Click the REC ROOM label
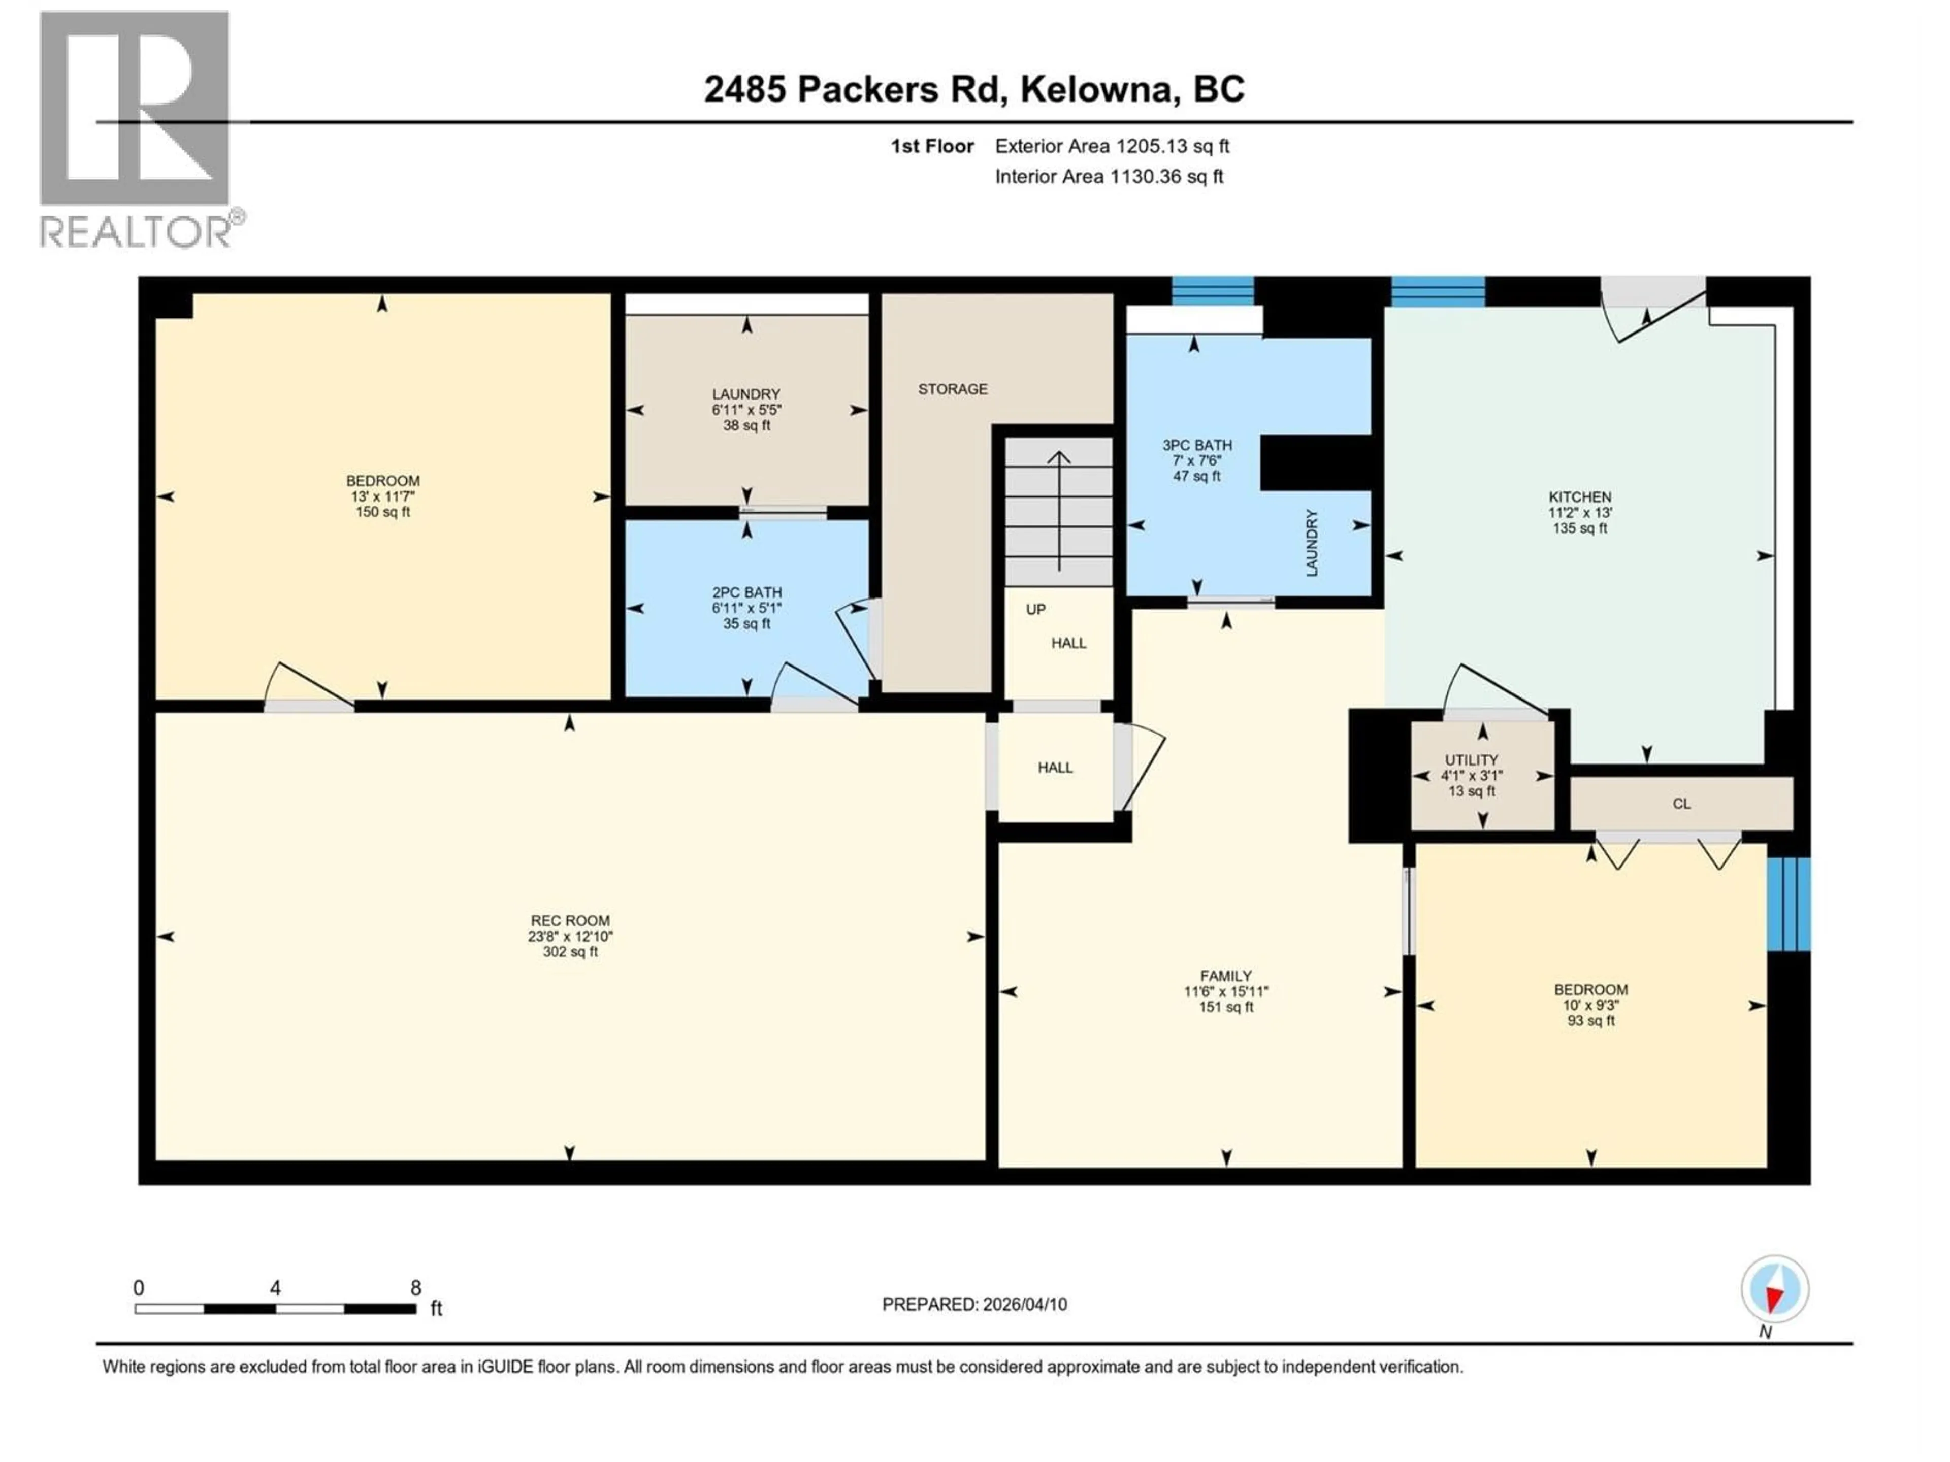tap(569, 920)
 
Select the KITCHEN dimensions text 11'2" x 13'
tap(1580, 512)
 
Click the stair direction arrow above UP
tap(1059, 511)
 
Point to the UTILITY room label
tap(1471, 759)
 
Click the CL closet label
tap(1681, 804)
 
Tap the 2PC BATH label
tap(746, 593)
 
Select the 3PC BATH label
tap(1196, 445)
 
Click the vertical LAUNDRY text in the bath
tap(1312, 543)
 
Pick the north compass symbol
tap(1775, 1290)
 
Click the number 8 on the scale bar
tap(415, 1287)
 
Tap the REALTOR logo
tap(137, 128)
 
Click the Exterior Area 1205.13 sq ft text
tap(1112, 146)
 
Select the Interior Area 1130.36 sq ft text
tap(1108, 176)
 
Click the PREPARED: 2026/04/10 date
tap(974, 1304)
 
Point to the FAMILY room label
tap(1225, 976)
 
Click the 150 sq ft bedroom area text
tap(382, 512)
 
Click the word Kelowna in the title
tap(1097, 89)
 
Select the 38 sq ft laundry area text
tap(746, 425)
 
